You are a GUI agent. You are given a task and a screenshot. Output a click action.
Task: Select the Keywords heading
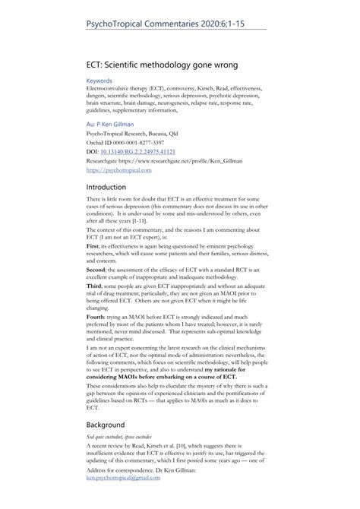[x=99, y=80]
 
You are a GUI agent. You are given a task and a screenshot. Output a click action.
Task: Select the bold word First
[x=94, y=245]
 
